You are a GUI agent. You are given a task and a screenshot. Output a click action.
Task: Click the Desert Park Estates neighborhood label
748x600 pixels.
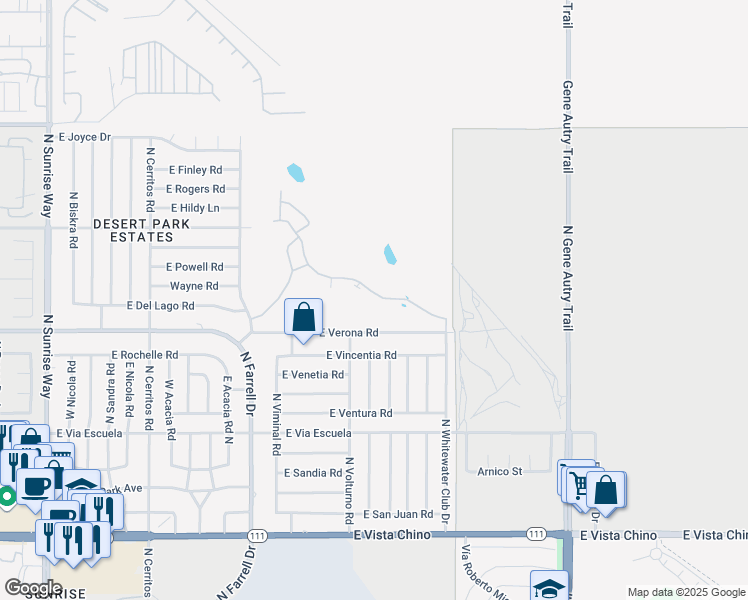pyautogui.click(x=133, y=230)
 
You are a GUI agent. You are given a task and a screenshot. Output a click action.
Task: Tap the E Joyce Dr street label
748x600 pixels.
pyautogui.click(x=84, y=137)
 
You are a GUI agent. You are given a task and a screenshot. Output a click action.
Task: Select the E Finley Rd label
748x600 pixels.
pyautogui.click(x=195, y=170)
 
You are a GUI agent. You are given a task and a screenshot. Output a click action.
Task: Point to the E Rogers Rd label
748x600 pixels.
pyautogui.click(x=195, y=189)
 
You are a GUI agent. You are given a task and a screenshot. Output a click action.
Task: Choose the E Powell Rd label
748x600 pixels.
pyautogui.click(x=194, y=267)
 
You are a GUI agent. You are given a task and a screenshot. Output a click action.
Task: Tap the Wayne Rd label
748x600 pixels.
pyautogui.click(x=193, y=286)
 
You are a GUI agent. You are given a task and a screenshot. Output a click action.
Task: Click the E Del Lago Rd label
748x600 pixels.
pyautogui.click(x=160, y=306)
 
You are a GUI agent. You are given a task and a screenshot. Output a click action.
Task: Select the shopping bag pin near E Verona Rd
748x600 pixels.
pyautogui.click(x=304, y=318)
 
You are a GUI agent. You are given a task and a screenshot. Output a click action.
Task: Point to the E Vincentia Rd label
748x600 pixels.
pyautogui.click(x=361, y=355)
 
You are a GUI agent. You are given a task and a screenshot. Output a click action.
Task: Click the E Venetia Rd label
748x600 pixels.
pyautogui.click(x=313, y=375)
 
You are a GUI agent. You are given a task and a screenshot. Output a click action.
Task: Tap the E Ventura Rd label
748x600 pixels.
pyautogui.click(x=360, y=413)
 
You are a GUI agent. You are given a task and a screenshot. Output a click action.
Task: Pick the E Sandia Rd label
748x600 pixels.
pyautogui.click(x=313, y=472)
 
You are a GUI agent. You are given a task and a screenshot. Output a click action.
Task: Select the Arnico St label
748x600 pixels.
pyautogui.click(x=500, y=471)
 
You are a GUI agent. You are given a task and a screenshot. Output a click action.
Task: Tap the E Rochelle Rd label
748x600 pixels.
pyautogui.click(x=145, y=355)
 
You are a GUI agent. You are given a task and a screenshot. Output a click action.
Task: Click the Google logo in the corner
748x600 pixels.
pyautogui.click(x=33, y=587)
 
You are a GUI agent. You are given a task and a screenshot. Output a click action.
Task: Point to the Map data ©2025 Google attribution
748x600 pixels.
pyautogui.click(x=685, y=592)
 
